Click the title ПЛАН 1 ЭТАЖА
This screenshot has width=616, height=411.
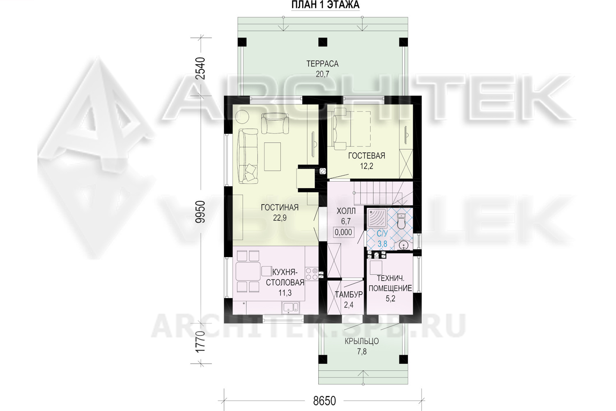pyautogui.click(x=325, y=5)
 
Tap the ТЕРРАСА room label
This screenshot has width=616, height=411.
pyautogui.click(x=322, y=64)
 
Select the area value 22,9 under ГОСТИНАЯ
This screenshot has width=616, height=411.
pyautogui.click(x=280, y=218)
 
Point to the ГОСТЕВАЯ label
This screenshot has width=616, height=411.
pyautogui.click(x=367, y=156)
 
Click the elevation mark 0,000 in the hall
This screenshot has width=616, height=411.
pyautogui.click(x=343, y=232)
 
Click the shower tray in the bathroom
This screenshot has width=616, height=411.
pyautogui.click(x=377, y=218)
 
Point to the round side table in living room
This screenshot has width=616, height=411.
pyautogui.click(x=242, y=117)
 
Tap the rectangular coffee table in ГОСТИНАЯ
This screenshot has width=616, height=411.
pyautogui.click(x=273, y=156)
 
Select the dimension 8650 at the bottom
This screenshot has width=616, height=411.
pyautogui.click(x=324, y=401)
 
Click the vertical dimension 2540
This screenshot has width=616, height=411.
pyautogui.click(x=200, y=69)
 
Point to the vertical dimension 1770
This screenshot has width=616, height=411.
pyautogui.click(x=200, y=342)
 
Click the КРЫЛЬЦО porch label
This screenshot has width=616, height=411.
pyautogui.click(x=362, y=342)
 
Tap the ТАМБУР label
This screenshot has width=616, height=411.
pyautogui.click(x=349, y=295)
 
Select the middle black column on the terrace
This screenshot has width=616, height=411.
pyautogui.click(x=323, y=42)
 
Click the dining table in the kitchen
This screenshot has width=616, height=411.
pyautogui.click(x=248, y=272)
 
